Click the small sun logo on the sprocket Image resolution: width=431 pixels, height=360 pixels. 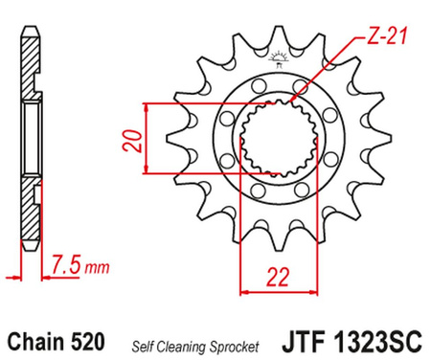pyautogui.click(x=282, y=56)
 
